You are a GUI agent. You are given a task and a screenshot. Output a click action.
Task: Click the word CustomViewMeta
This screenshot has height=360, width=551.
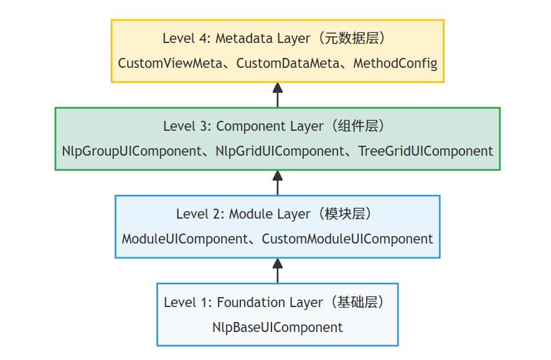(167, 64)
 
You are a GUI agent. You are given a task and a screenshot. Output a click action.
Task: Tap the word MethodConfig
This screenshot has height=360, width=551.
(395, 64)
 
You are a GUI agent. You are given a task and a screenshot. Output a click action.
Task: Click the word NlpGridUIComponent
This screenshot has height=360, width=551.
(280, 151)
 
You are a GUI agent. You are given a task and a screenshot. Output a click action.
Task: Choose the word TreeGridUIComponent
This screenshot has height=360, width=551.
(426, 151)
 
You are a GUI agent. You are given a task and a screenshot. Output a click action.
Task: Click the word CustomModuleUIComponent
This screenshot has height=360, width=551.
(347, 239)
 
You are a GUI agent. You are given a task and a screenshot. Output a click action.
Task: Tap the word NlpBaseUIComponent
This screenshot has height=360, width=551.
(277, 328)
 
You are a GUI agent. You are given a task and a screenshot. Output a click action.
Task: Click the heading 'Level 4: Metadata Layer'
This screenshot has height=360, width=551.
(237, 39)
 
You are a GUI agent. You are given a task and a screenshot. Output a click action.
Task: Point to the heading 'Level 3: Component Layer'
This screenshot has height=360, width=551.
(243, 126)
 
